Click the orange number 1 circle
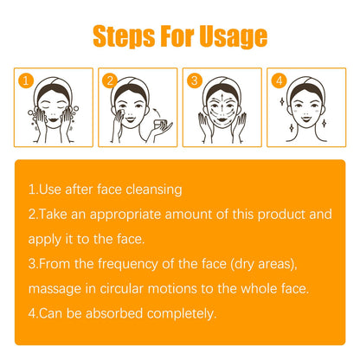26,82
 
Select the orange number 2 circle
110,82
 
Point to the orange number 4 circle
278,82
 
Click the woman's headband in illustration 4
308,85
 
